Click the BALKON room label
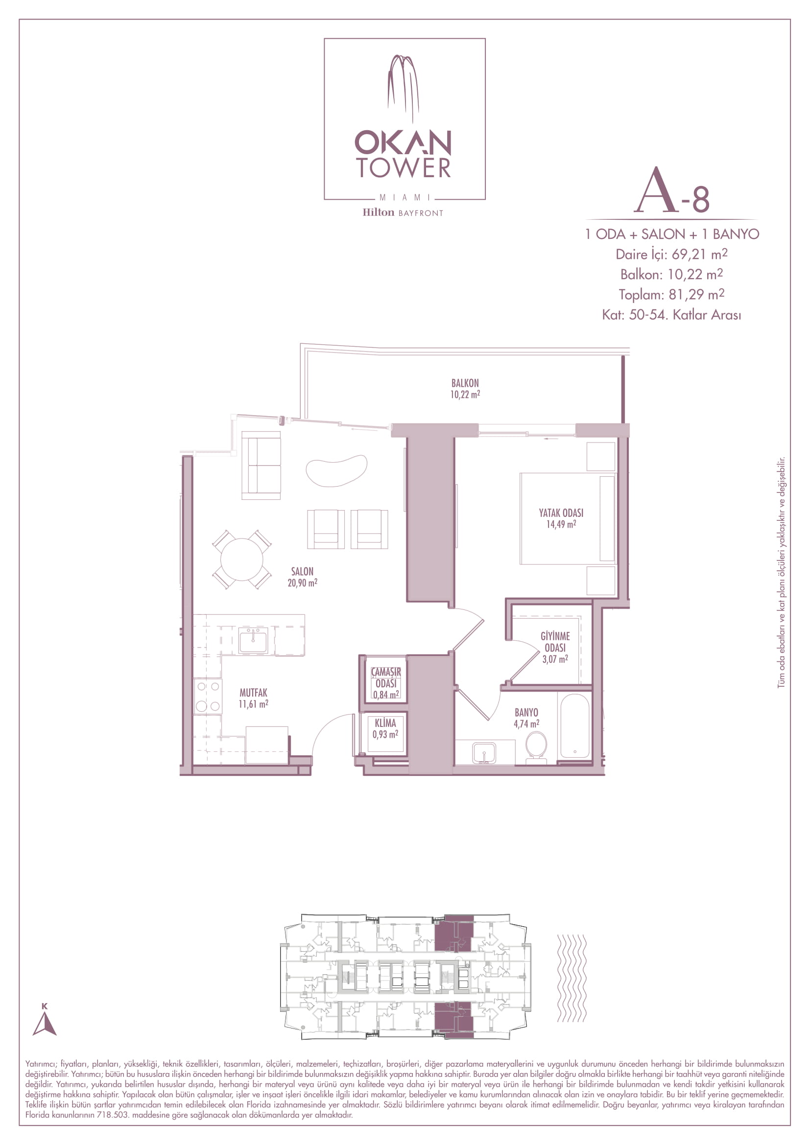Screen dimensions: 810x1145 click(x=465, y=383)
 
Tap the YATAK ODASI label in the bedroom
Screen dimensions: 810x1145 click(x=561, y=513)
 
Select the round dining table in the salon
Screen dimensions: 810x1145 click(x=242, y=560)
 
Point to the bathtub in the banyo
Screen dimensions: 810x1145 click(x=574, y=726)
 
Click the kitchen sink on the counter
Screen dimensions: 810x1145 click(x=253, y=640)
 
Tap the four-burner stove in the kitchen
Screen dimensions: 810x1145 click(x=208, y=696)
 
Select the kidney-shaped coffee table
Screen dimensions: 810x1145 click(x=336, y=470)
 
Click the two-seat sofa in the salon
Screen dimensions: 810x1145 click(x=261, y=465)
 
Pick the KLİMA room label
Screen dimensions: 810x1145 click(x=385, y=723)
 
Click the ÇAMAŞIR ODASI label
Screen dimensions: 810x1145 click(x=386, y=678)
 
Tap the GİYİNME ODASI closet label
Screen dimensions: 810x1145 click(x=555, y=642)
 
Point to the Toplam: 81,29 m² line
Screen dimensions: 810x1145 click(x=671, y=294)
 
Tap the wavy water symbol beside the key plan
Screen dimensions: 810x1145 click(x=572, y=979)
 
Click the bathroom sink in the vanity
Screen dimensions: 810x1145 click(x=484, y=753)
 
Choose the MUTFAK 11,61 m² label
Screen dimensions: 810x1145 click(x=253, y=698)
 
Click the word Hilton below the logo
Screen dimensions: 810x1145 click(x=378, y=212)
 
